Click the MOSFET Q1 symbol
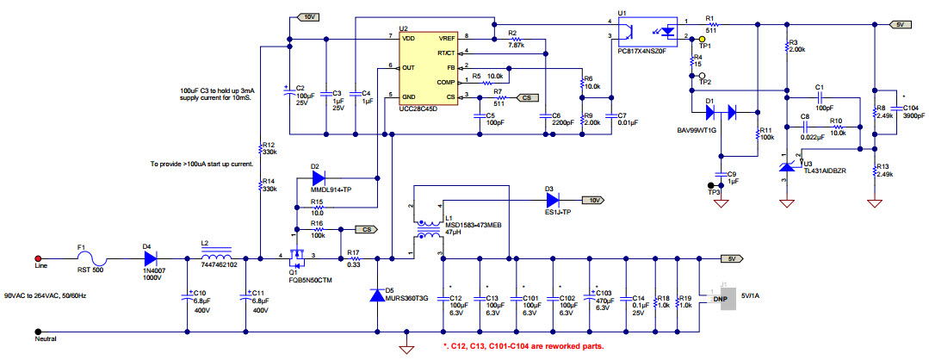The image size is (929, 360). (300, 255)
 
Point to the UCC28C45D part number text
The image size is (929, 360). (418, 109)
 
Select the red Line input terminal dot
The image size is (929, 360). (37, 258)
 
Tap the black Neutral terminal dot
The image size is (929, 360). (37, 330)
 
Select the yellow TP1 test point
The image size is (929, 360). (701, 39)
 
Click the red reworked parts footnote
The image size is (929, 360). (523, 346)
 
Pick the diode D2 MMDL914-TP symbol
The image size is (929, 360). (316, 178)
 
